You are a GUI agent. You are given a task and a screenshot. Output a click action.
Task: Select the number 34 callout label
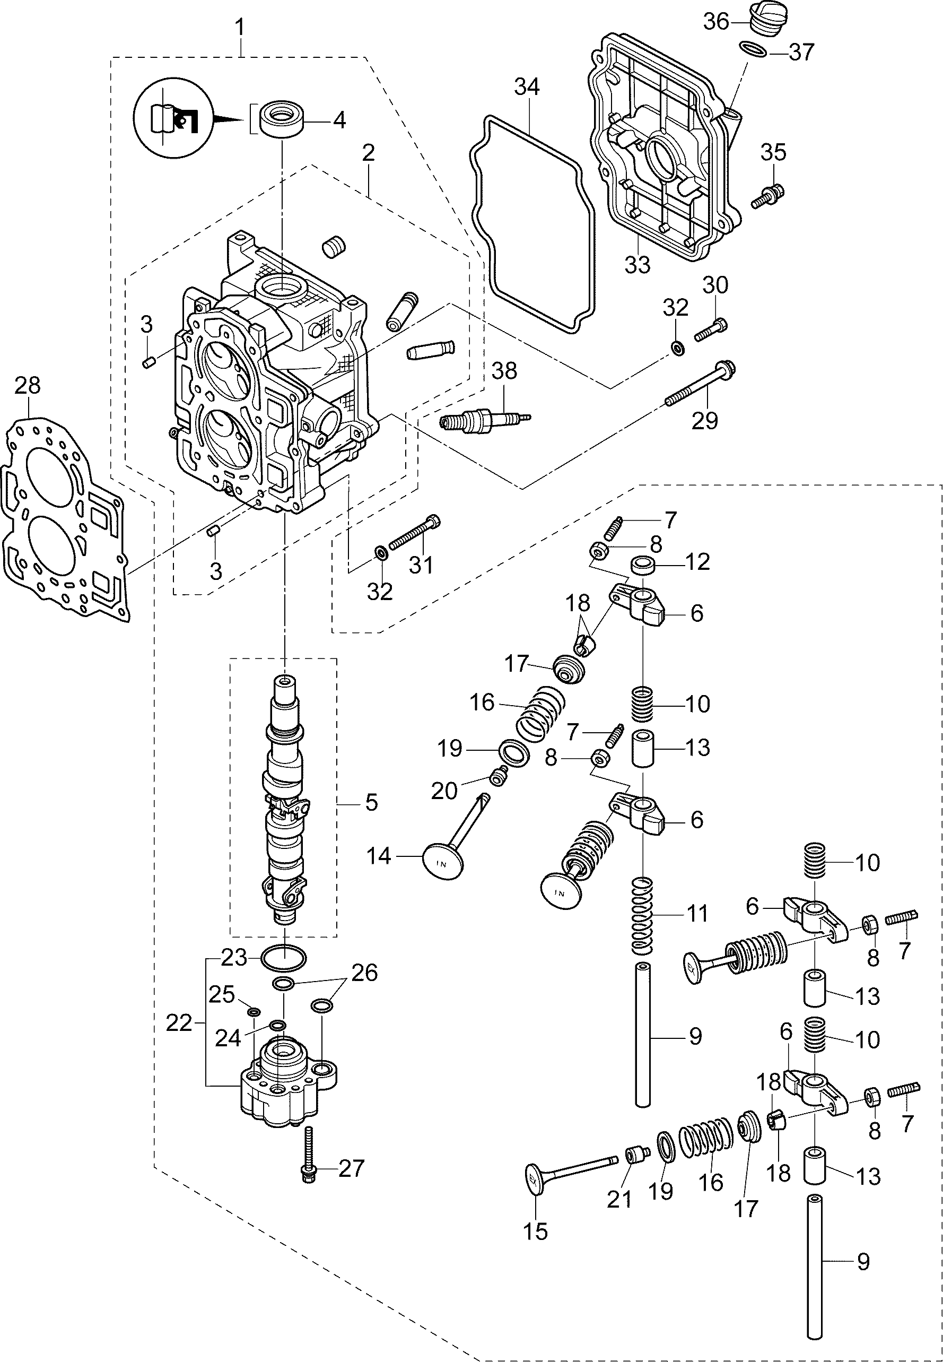click(527, 87)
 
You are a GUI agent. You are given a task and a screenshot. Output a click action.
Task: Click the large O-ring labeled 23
click(284, 958)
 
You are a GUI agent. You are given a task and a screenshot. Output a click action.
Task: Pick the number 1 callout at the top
click(240, 27)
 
